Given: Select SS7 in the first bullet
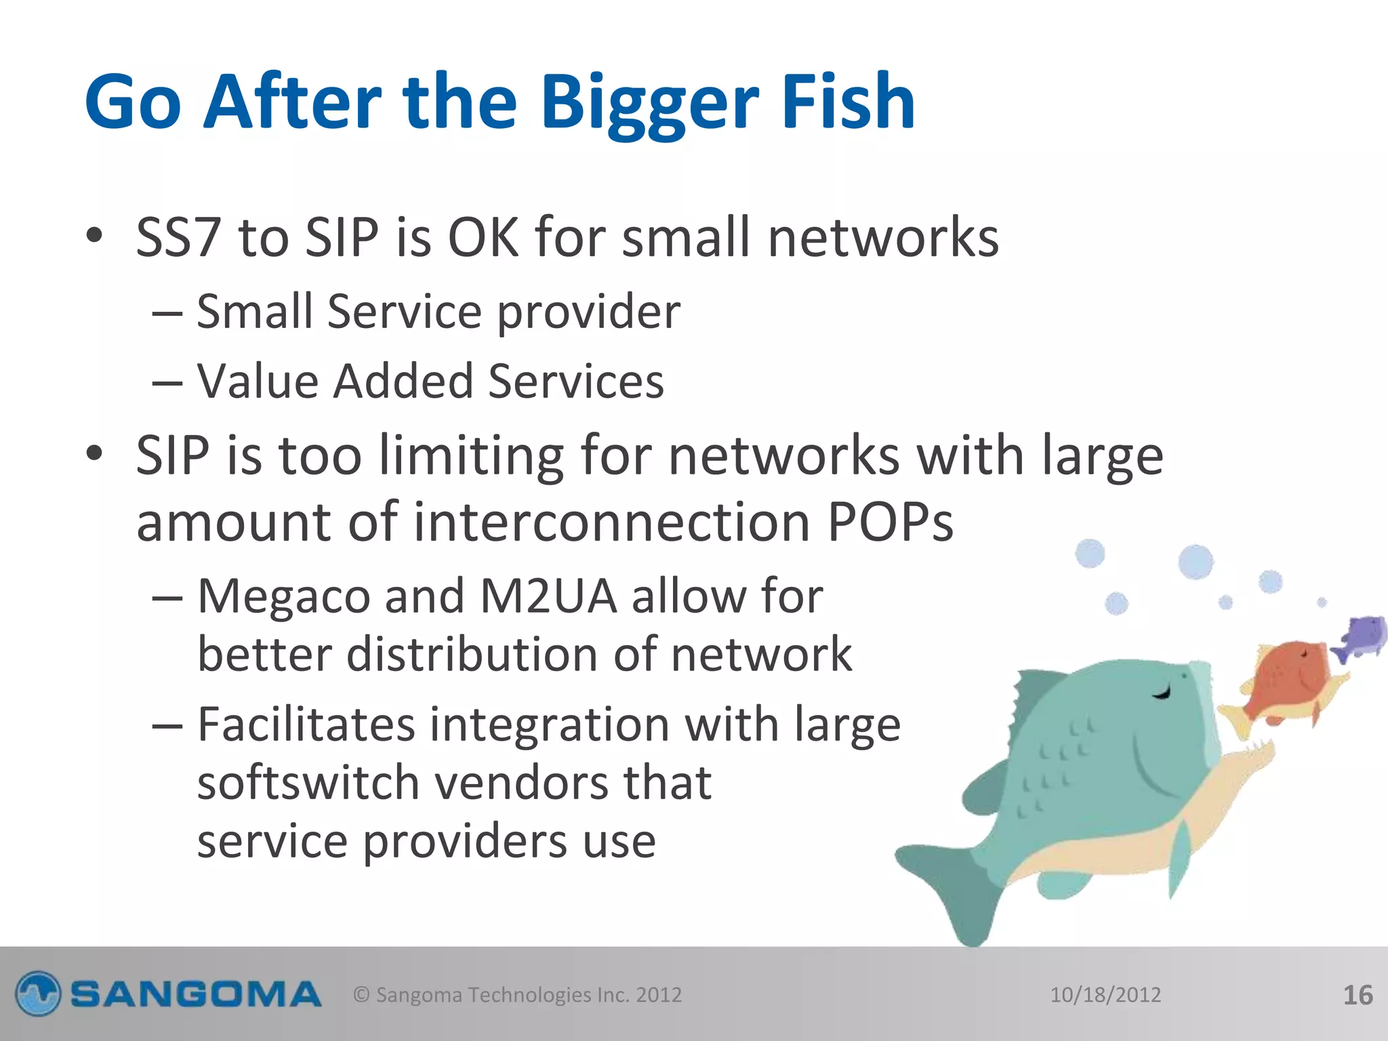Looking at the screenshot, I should pos(178,237).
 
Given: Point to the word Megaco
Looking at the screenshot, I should pos(283,596).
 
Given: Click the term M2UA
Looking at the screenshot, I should pos(548,596).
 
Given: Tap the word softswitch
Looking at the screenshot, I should pos(308,783).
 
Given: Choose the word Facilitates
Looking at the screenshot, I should pos(306,724).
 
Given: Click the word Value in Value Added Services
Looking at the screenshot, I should pos(257,381).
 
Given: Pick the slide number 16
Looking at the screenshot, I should pos(1358,995).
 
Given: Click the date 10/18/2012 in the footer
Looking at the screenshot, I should pos(1105,995).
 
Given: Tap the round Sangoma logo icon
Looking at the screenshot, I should pos(38,994).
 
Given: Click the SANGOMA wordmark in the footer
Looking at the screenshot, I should pos(196,995).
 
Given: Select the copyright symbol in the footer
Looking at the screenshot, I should pos(362,995).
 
